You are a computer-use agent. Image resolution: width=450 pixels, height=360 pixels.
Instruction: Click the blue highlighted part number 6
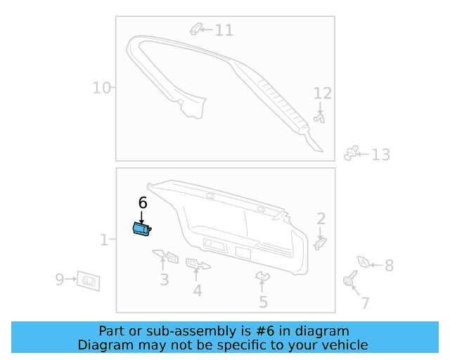point(141,229)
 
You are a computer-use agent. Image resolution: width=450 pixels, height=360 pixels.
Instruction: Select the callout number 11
point(224,30)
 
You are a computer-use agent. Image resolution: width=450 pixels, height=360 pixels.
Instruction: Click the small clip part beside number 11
point(197,29)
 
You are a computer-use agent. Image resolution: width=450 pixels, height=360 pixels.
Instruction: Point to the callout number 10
point(101,88)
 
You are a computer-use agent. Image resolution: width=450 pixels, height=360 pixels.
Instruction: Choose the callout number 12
point(322,94)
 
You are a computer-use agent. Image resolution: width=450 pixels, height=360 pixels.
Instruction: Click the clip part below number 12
point(320,118)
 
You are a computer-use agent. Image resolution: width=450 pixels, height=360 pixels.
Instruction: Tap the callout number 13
point(380,155)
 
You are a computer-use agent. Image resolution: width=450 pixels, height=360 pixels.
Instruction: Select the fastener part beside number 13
point(352,153)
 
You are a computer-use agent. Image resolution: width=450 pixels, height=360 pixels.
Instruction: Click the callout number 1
point(103,240)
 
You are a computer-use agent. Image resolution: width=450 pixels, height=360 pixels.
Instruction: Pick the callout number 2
point(321,219)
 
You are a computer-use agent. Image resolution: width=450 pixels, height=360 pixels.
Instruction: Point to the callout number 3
point(164,280)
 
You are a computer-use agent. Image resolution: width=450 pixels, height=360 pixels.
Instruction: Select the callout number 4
point(198,290)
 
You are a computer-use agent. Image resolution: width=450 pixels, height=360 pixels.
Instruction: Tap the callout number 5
point(263,302)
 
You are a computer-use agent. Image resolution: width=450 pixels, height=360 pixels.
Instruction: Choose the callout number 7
point(365,304)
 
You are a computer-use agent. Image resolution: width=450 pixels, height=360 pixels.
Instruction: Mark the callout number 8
point(389,266)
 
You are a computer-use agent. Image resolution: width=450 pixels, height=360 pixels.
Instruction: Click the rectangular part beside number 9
point(88,280)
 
